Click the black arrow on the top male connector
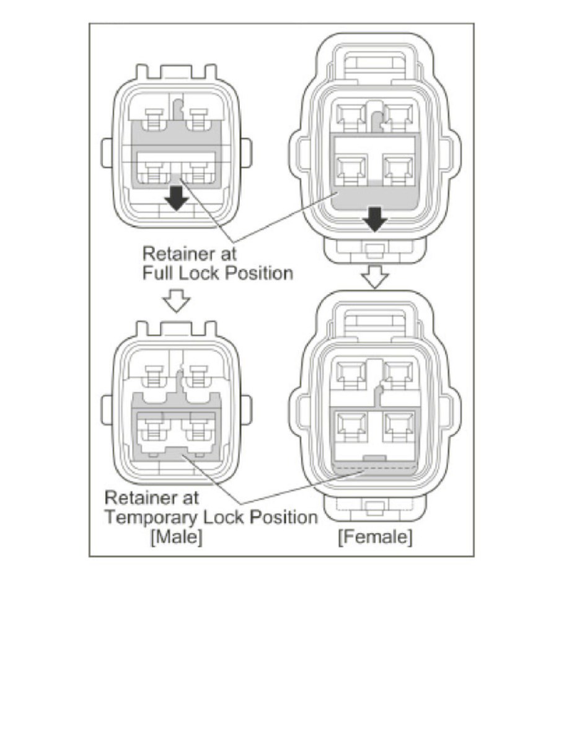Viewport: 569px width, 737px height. pyautogui.click(x=177, y=198)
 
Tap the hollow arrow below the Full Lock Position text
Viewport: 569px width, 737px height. pyautogui.click(x=177, y=302)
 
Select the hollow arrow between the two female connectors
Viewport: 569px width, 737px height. pyautogui.click(x=374, y=277)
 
